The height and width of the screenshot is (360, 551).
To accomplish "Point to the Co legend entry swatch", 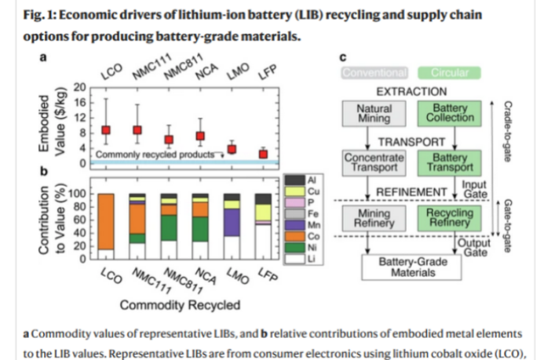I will pyautogui.click(x=291, y=235).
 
